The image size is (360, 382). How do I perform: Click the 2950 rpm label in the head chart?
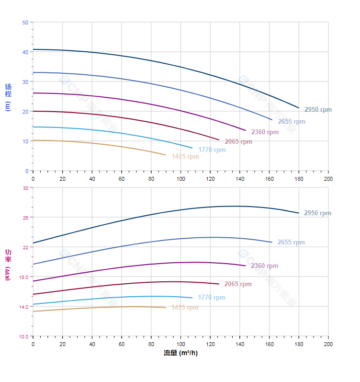click(x=318, y=110)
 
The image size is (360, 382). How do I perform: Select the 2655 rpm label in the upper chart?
click(x=292, y=122)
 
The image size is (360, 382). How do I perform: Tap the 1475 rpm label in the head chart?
click(x=185, y=157)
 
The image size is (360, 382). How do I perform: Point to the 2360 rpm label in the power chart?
click(x=264, y=266)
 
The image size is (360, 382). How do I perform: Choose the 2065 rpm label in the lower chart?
click(x=237, y=284)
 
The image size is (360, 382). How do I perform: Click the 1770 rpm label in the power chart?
click(x=211, y=298)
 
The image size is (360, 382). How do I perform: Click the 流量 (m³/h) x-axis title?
click(x=180, y=353)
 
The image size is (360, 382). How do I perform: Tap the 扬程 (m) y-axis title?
click(x=8, y=97)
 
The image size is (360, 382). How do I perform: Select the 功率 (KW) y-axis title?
click(x=8, y=264)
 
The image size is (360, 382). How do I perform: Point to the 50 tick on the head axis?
click(x=25, y=22)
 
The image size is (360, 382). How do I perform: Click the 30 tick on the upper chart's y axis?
click(x=25, y=81)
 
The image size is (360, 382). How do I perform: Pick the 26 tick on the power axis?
click(x=25, y=218)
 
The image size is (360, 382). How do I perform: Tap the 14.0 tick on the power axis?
click(x=23, y=306)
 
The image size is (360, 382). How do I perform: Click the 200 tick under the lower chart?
click(x=328, y=344)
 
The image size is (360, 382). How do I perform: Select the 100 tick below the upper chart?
click(x=180, y=179)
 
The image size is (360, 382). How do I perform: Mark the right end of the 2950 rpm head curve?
click(x=299, y=108)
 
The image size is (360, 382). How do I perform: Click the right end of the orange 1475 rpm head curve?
click(x=166, y=155)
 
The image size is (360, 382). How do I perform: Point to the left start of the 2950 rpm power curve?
click(x=33, y=243)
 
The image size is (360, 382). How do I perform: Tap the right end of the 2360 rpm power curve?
click(x=246, y=266)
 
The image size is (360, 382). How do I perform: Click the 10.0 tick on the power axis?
click(x=23, y=336)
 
